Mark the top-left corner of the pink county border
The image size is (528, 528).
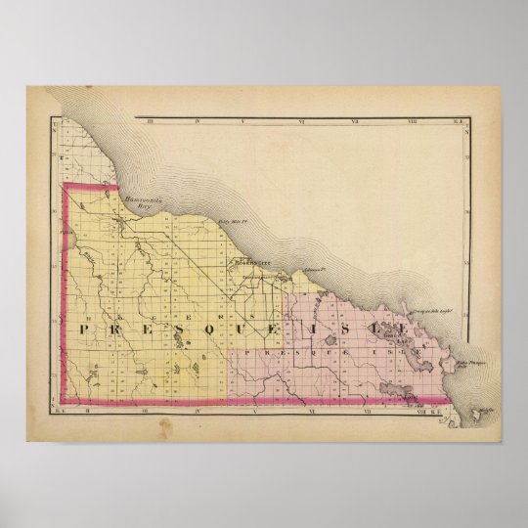tap(65, 185)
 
